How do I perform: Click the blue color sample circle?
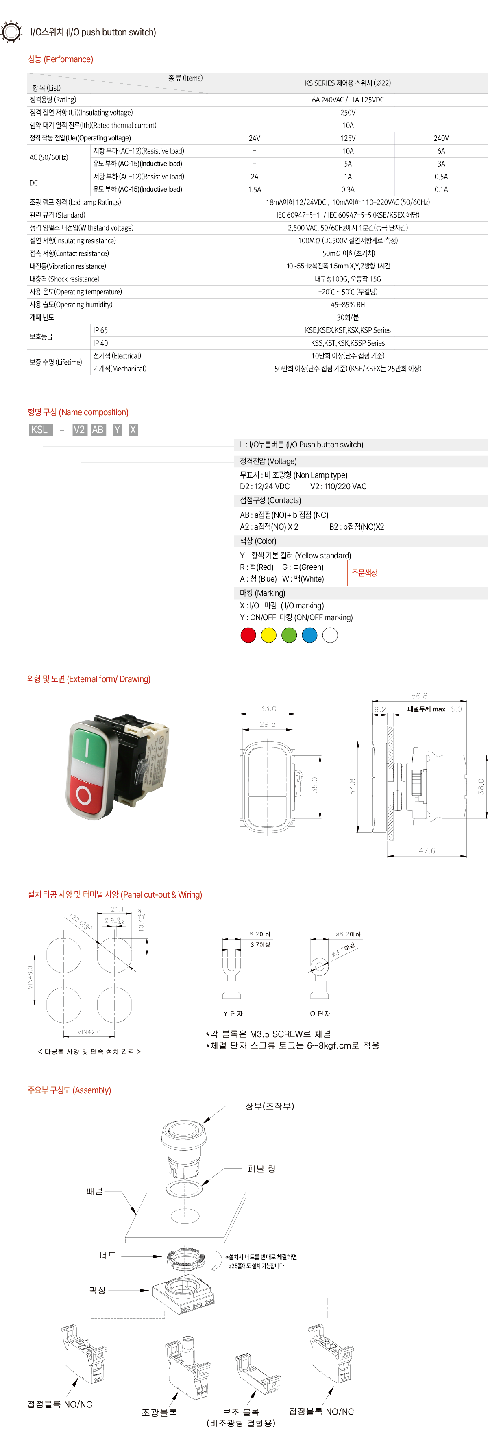pos(309,635)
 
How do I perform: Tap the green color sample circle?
pos(289,635)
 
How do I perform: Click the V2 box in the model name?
pos(79,430)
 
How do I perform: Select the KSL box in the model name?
pos(41,430)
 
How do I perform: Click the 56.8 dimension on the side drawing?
pos(419,696)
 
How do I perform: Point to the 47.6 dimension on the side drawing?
pos(427,850)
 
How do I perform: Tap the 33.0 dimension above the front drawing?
pos(268,708)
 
